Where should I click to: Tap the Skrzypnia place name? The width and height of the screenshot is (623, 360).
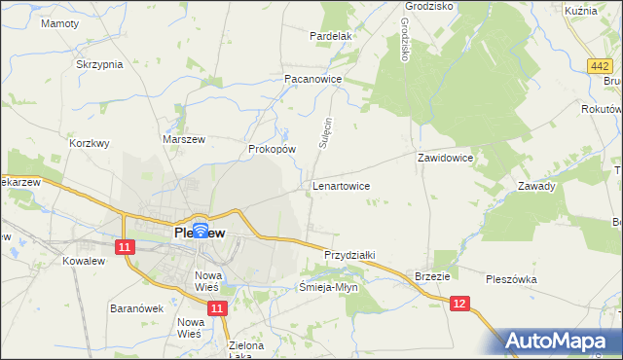pyautogui.click(x=99, y=64)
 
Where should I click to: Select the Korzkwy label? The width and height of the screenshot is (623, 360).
pyautogui.click(x=90, y=142)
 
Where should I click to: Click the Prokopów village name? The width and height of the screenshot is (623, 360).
pyautogui.click(x=272, y=150)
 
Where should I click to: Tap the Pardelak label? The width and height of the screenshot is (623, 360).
pyautogui.click(x=329, y=36)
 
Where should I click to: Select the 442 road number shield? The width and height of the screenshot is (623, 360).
pyautogui.click(x=601, y=65)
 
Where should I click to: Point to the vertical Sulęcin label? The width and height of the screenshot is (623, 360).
pyautogui.click(x=327, y=132)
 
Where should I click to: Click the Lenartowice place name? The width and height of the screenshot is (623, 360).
pyautogui.click(x=340, y=184)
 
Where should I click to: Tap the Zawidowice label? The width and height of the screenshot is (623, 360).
pyautogui.click(x=445, y=157)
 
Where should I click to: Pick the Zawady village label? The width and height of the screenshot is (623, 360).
pyautogui.click(x=536, y=186)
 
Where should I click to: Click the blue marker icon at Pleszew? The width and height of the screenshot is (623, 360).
pyautogui.click(x=200, y=232)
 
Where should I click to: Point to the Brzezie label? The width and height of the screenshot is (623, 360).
pyautogui.click(x=432, y=276)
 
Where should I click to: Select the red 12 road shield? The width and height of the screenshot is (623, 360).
pyautogui.click(x=460, y=305)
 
